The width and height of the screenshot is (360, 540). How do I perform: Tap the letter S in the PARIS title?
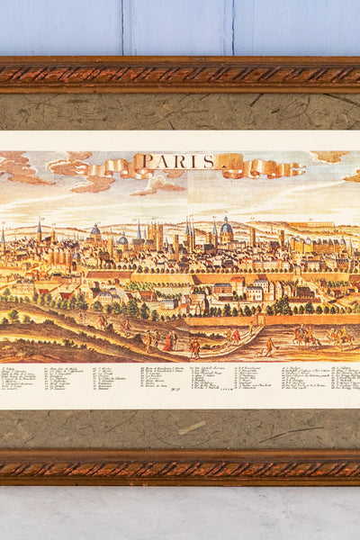[208, 162]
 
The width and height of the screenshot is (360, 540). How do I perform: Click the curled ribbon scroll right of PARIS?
[256, 168]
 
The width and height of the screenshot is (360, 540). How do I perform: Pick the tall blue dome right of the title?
[227, 227]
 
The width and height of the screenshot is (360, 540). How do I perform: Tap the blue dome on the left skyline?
[95, 230]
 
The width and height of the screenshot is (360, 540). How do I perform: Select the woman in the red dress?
[168, 342]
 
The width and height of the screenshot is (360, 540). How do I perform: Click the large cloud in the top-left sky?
[22, 166]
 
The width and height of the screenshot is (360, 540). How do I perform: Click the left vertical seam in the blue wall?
[122, 27]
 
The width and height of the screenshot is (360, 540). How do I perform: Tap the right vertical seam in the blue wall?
[232, 27]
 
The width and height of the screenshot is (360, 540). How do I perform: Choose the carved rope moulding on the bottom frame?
[180, 468]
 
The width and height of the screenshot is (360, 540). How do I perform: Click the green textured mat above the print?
[180, 112]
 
